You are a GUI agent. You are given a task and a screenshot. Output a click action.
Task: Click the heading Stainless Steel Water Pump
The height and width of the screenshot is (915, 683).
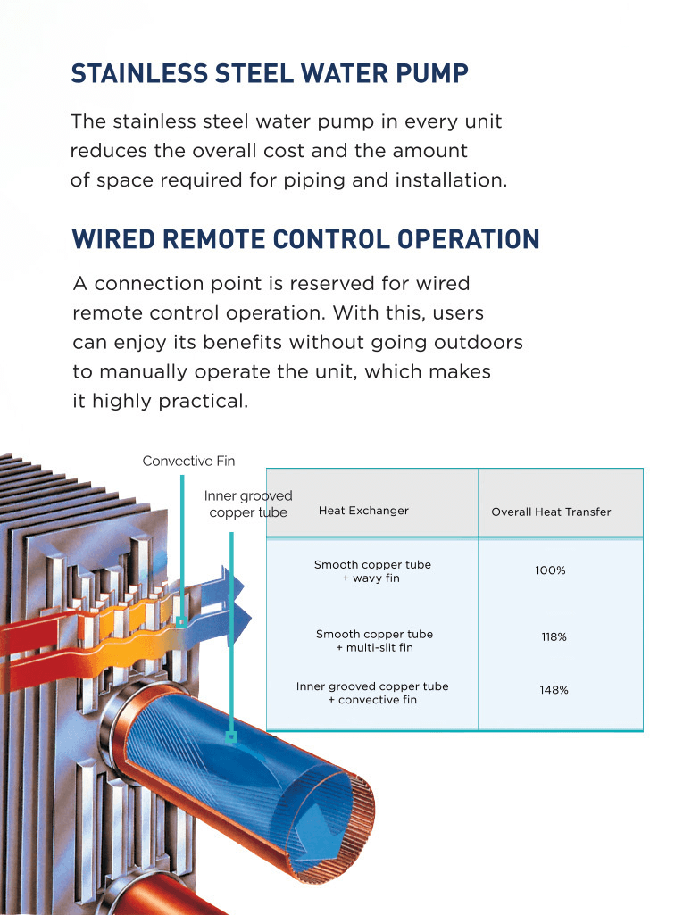pos(270,73)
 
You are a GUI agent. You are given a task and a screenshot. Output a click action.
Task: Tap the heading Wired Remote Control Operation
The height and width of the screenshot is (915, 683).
pos(306,239)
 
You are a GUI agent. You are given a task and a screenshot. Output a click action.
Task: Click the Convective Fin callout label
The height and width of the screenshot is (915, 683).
pos(188,461)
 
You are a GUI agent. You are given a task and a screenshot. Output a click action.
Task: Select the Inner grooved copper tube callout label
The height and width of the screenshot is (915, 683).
pos(248,504)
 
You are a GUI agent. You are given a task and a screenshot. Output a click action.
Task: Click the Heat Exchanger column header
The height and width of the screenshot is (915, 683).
pos(363,511)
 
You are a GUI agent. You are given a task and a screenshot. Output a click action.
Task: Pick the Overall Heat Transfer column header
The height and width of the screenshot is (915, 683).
pos(551,512)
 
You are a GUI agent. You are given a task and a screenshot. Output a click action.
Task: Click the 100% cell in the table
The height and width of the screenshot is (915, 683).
pos(551,570)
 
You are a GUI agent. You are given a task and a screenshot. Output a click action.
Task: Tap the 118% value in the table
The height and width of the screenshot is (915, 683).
pos(554,636)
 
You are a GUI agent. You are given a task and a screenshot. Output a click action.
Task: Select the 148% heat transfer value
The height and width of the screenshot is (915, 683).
pos(554,690)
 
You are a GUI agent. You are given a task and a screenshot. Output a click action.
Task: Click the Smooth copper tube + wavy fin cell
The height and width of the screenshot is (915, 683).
pos(372,571)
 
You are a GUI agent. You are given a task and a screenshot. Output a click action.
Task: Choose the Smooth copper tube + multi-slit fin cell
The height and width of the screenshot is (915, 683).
pos(374,641)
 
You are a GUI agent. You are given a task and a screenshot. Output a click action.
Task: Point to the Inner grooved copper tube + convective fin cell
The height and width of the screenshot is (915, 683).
pos(372,693)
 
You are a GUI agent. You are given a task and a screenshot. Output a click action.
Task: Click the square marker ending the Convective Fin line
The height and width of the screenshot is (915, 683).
pos(181,622)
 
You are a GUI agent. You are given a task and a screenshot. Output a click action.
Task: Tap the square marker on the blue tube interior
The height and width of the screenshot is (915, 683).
pos(232,737)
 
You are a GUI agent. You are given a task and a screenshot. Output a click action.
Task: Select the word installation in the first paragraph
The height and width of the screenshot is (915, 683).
pos(451,179)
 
